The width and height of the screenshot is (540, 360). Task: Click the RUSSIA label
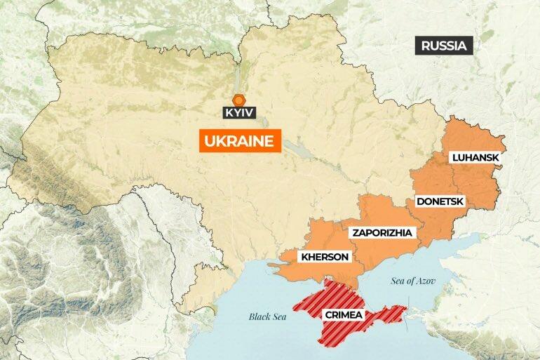[443, 46]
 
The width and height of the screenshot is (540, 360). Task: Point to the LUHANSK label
[475, 158]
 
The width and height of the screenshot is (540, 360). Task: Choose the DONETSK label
[440, 201]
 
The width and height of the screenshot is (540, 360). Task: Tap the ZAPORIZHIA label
[383, 232]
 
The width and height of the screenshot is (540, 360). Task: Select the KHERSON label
[324, 257]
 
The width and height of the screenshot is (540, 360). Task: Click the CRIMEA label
[343, 315]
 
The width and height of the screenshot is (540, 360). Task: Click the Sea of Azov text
[413, 281]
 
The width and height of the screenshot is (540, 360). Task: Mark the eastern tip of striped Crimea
[406, 308]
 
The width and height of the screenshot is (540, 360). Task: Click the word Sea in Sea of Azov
[398, 281]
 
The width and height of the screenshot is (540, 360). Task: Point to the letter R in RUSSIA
[426, 46]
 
